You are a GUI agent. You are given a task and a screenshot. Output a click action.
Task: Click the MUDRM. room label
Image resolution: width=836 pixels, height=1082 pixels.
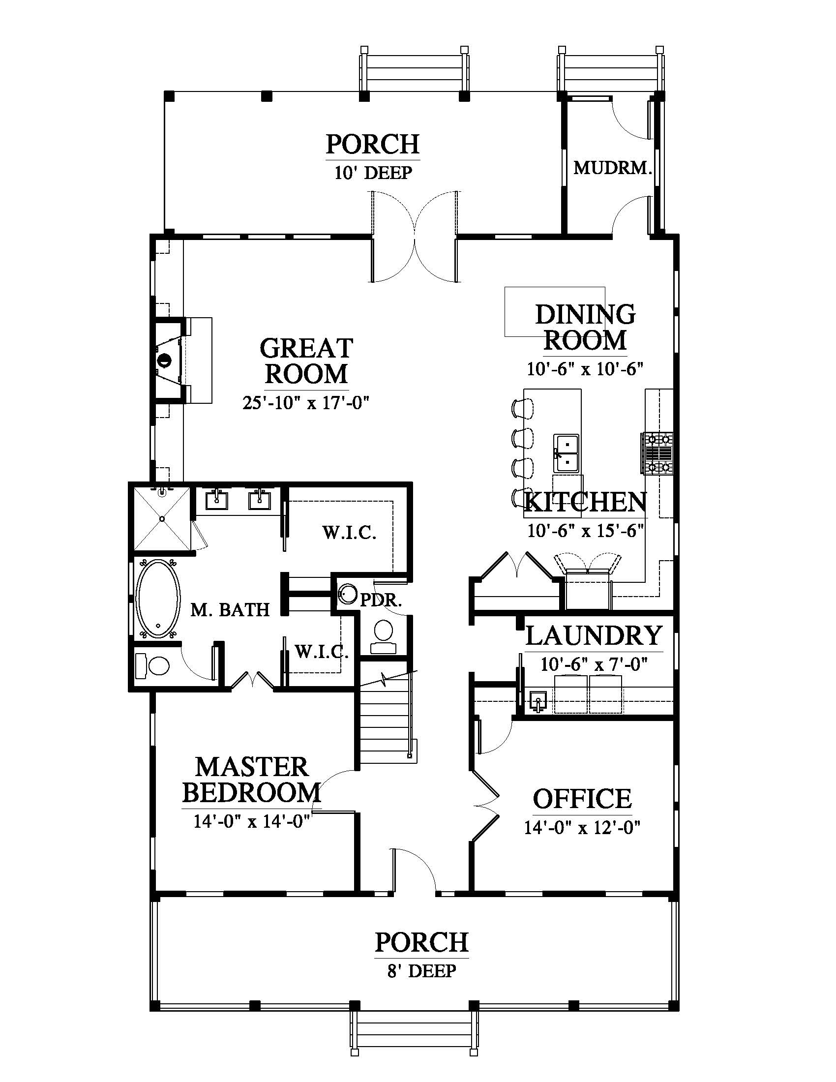click(x=612, y=168)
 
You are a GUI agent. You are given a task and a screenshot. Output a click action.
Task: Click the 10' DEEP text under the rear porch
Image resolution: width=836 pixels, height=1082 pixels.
click(x=373, y=173)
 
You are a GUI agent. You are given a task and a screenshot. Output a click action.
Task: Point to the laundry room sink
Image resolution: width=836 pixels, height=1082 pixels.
click(x=537, y=701)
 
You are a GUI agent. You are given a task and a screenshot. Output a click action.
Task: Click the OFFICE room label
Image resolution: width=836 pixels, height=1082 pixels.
click(x=582, y=799)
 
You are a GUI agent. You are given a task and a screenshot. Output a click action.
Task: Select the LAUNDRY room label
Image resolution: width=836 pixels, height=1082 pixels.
click(x=594, y=635)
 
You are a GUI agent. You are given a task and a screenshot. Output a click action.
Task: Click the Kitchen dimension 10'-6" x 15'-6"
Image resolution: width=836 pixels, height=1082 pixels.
click(x=585, y=531)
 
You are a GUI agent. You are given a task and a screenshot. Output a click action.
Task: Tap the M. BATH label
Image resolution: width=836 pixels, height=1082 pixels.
click(x=230, y=609)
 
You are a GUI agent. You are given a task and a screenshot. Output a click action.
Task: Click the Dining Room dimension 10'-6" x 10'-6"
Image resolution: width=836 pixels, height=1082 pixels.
click(x=585, y=369)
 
